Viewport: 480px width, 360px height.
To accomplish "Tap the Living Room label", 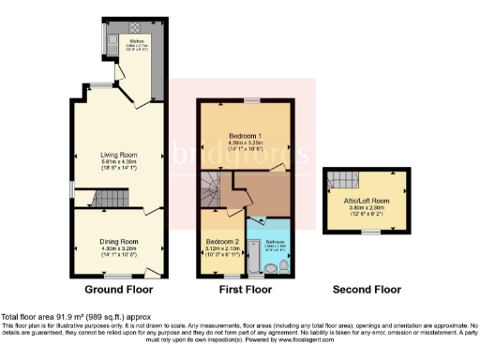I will point(120,155).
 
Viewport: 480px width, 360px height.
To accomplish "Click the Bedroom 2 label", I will point(221,241).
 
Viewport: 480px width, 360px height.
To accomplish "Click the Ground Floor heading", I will point(120,289).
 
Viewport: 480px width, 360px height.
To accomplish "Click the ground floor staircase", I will point(110,198).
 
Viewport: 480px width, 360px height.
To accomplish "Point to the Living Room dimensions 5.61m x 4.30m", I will point(120,162).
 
